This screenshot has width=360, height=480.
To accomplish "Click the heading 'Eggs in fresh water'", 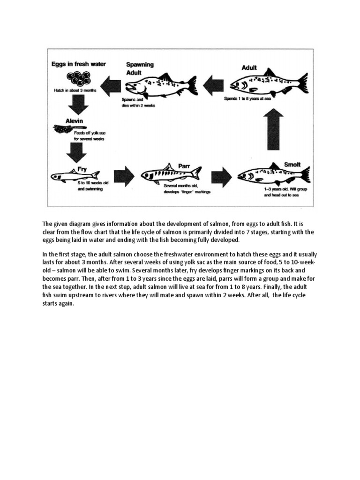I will tap(79, 64).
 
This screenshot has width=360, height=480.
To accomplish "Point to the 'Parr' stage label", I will tap(184, 165).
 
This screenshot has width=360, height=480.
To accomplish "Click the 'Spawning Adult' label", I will tap(140, 69).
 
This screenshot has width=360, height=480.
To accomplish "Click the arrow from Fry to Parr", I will tap(124, 176).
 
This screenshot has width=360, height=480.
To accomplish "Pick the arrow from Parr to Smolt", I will tap(221, 176).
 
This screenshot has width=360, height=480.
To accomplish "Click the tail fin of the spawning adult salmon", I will tap(192, 85).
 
